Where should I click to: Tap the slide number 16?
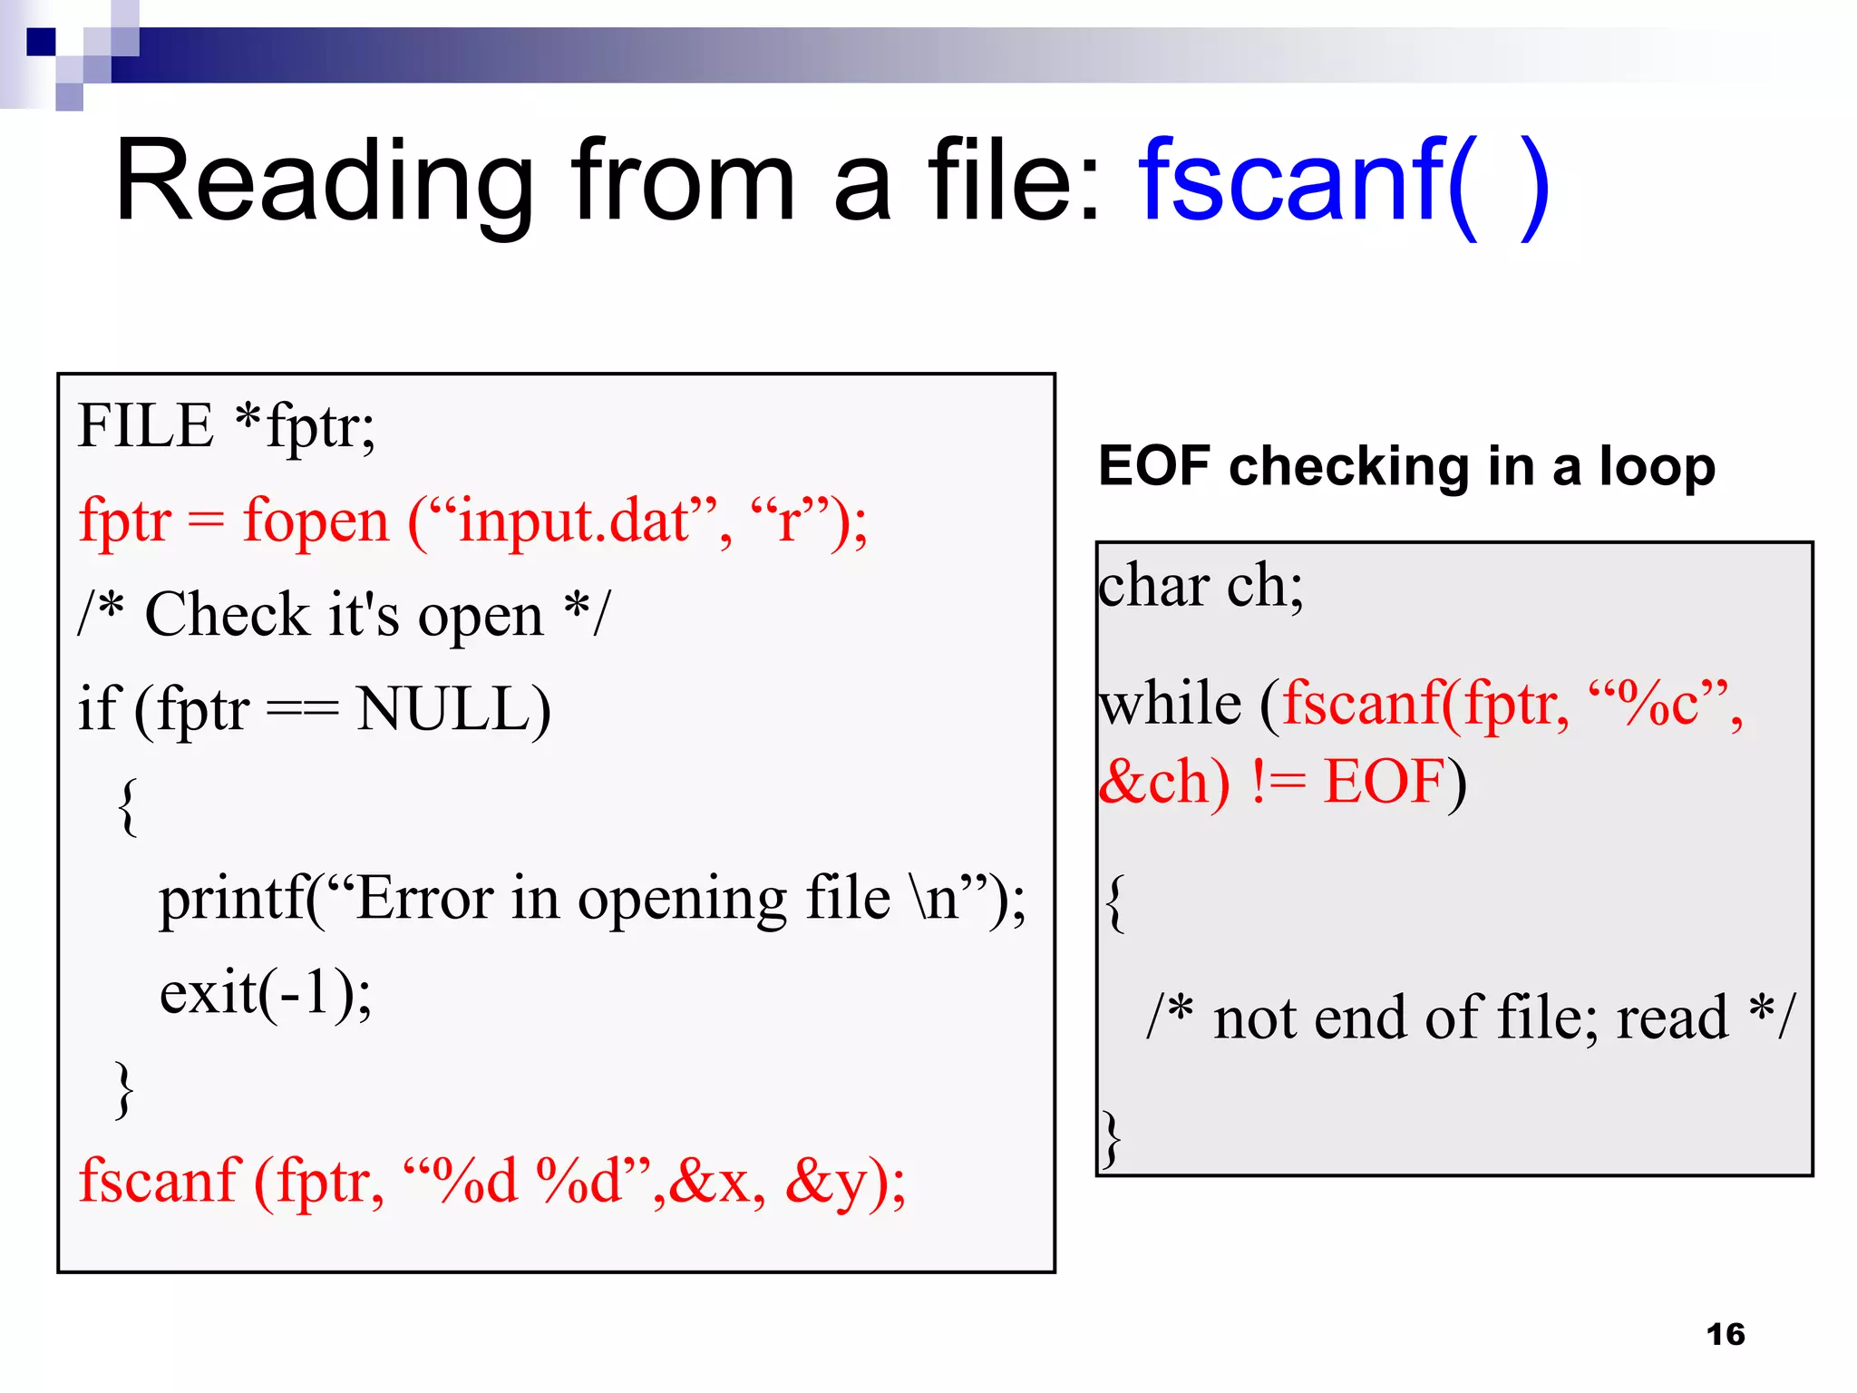tap(1725, 1334)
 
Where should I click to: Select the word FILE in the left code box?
tap(145, 426)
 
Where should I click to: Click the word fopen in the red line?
tap(315, 521)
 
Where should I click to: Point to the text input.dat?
tap(575, 521)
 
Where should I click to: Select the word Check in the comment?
tap(227, 616)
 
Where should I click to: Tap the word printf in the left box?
tap(232, 900)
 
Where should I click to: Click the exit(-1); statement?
tap(265, 993)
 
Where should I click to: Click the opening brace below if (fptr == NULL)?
tap(128, 805)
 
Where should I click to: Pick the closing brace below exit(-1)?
tap(124, 1088)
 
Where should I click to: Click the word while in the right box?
tap(1170, 704)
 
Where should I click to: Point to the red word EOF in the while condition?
tap(1384, 782)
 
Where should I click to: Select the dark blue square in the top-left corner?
tap(41, 42)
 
